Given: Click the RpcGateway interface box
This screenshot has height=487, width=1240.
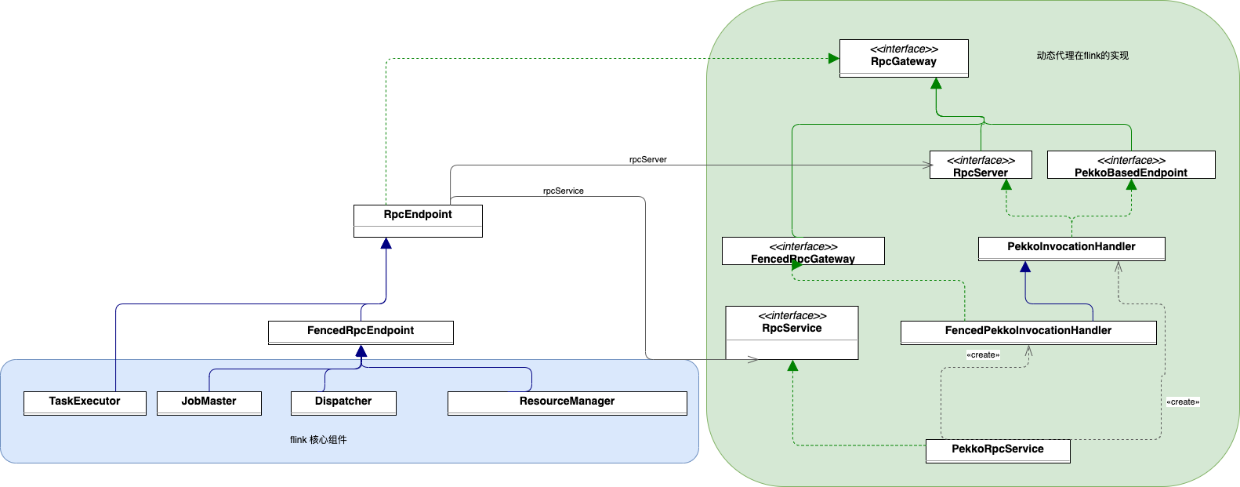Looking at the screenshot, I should (x=904, y=58).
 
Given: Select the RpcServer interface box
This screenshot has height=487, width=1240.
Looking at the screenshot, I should (x=981, y=165).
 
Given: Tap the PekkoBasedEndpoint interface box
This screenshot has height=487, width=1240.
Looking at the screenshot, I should (x=1131, y=165).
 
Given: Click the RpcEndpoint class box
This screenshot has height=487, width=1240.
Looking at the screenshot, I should (x=418, y=220).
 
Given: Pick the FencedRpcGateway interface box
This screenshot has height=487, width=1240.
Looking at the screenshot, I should (x=803, y=252).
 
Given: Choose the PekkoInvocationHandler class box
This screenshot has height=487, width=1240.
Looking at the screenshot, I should (x=1071, y=249).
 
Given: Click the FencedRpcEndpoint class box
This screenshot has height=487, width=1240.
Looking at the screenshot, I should (x=361, y=333).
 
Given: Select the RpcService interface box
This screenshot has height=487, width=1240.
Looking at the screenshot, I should (x=792, y=333).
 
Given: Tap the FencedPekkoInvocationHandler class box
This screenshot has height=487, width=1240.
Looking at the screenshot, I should (x=1028, y=333).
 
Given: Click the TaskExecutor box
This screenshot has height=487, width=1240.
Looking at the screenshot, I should (x=85, y=403).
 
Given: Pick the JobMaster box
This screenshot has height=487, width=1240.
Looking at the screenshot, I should (x=208, y=403).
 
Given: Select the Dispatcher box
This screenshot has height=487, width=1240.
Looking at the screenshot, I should (x=343, y=403).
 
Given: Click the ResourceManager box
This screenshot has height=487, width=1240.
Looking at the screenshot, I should (x=567, y=403).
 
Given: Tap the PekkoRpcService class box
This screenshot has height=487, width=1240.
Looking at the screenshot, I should (x=998, y=451).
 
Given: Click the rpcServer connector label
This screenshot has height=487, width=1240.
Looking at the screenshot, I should (x=648, y=159).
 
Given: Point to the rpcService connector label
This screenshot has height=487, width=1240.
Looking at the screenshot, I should (x=564, y=191).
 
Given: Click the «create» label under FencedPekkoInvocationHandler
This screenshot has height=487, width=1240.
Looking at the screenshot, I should (x=983, y=355).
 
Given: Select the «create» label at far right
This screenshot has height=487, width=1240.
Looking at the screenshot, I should (x=1183, y=402).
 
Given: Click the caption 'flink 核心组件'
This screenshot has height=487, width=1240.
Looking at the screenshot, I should (x=318, y=440).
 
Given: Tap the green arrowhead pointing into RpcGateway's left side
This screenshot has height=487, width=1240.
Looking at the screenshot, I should (x=834, y=58).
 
